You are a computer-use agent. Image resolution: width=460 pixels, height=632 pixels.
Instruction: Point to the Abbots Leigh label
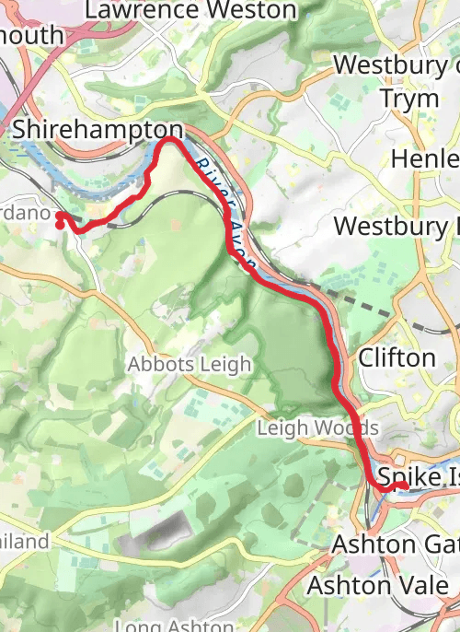(x=189, y=364)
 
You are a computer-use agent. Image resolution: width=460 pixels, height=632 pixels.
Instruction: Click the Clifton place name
(x=397, y=357)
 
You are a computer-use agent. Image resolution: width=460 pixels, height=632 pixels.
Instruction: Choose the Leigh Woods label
(x=317, y=428)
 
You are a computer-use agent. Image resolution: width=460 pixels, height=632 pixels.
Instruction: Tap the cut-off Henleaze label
(x=424, y=158)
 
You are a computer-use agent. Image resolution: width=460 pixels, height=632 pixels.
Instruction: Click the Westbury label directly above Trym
(x=396, y=65)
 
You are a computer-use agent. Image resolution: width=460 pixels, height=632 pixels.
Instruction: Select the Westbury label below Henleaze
(x=396, y=226)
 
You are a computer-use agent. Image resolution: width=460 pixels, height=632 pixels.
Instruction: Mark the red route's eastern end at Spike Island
(x=404, y=486)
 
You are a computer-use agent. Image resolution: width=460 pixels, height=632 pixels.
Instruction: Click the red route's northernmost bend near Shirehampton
(x=171, y=139)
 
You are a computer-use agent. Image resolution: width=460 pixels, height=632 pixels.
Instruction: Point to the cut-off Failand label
(x=24, y=542)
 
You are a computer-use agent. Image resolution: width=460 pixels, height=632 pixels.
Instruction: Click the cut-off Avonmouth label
(x=31, y=35)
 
